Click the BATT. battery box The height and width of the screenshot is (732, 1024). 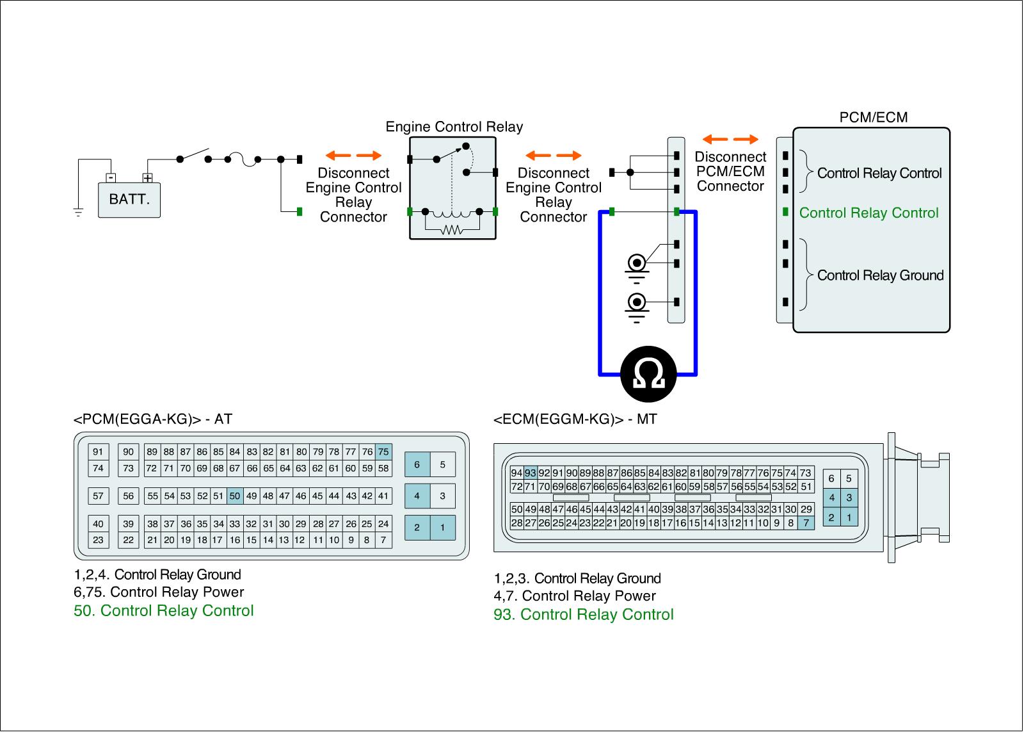pos(129,199)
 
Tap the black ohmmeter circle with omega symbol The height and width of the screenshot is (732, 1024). pos(648,373)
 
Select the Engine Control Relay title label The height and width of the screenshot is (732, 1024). pos(454,127)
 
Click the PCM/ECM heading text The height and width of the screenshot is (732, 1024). pos(873,117)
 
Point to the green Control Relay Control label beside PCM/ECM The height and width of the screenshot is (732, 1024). pos(868,213)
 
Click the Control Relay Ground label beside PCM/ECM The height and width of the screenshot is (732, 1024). pos(880,275)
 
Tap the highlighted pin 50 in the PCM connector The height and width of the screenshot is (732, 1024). pos(235,496)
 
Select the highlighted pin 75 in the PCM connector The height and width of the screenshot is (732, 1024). pos(383,451)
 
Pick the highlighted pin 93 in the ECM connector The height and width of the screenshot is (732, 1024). pos(531,473)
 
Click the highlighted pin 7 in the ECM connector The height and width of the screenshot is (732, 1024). pos(806,523)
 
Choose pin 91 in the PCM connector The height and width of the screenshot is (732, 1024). pos(98,451)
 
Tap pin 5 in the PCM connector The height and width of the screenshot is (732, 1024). pos(442,464)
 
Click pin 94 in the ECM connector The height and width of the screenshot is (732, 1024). pos(517,473)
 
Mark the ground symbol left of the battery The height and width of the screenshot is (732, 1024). pos(78,212)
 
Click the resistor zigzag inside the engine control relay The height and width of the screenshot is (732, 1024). pos(452,230)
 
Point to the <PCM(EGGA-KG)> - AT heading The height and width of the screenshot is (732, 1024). pos(153,419)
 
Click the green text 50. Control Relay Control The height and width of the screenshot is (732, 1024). pos(164,610)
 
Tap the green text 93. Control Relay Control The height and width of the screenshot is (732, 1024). pos(584,615)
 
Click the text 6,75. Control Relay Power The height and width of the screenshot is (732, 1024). pos(159,592)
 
